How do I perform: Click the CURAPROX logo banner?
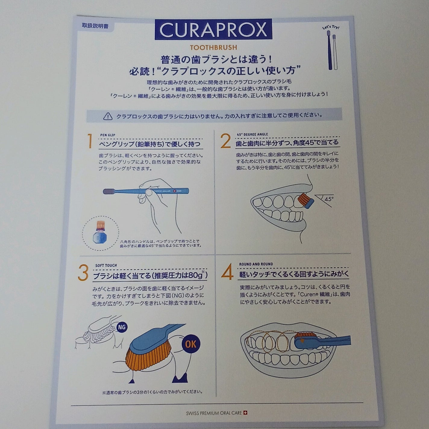213,30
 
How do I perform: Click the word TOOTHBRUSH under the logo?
213,47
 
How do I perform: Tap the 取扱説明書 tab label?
95,26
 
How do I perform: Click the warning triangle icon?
108,116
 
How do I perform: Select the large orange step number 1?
89,141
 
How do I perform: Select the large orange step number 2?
225,142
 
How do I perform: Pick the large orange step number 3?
83,273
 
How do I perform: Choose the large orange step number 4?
227,272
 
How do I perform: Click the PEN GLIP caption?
108,135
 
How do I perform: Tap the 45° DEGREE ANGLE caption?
252,134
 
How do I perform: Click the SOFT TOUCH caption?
106,265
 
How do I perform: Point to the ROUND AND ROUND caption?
256,264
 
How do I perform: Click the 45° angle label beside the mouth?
329,199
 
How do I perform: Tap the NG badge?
122,327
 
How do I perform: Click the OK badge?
190,344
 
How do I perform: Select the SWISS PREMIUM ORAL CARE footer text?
214,413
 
